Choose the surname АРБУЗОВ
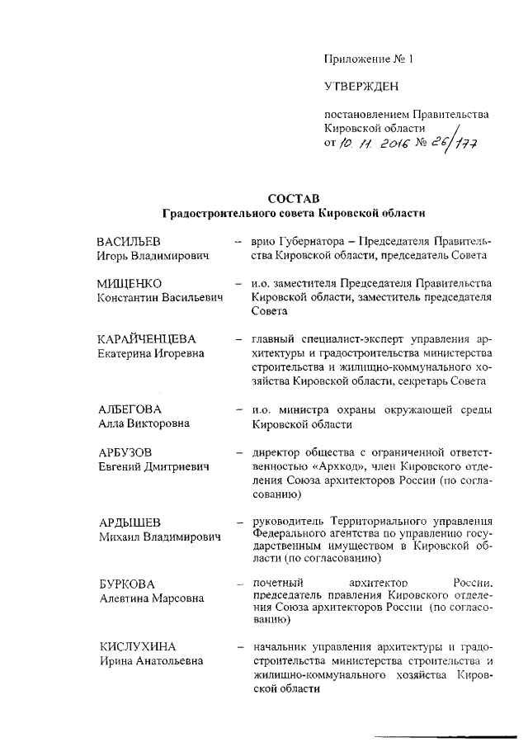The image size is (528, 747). click(125, 452)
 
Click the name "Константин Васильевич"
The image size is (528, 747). click(161, 298)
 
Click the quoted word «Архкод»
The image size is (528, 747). click(323, 466)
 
